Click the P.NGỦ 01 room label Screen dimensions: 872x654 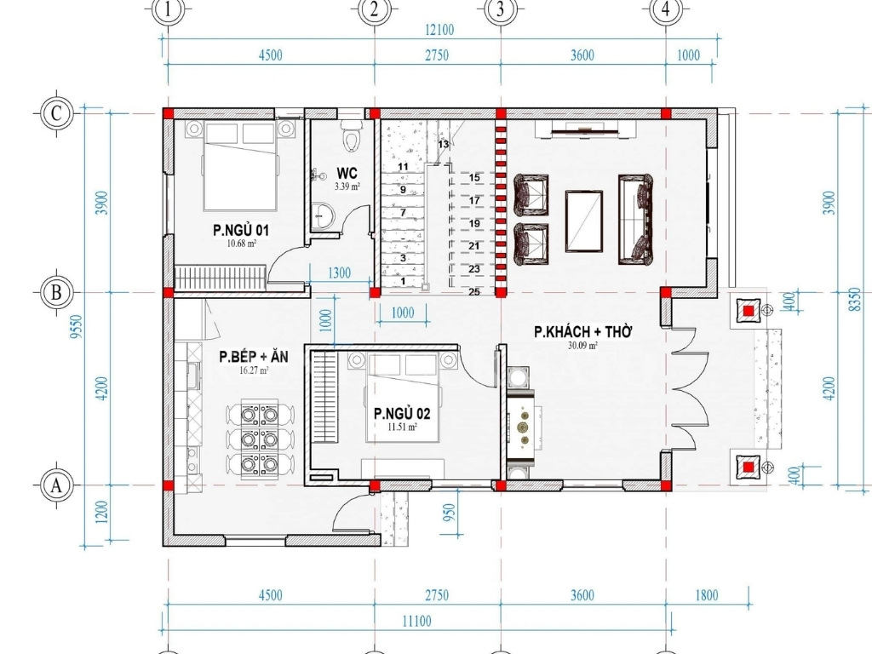(x=241, y=230)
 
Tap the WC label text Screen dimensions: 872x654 (x=347, y=173)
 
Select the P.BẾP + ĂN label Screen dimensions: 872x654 (x=254, y=357)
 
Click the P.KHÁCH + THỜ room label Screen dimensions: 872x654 (x=582, y=332)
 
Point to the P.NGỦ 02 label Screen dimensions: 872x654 (x=402, y=414)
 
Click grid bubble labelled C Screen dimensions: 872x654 (x=56, y=113)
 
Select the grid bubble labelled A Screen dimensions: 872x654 (x=56, y=485)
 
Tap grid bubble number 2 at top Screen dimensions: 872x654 (x=374, y=9)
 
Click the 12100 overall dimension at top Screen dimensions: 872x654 (x=439, y=30)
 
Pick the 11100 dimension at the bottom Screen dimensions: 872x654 (x=416, y=621)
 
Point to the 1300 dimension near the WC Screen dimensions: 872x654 (x=339, y=273)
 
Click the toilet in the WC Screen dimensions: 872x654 (x=351, y=134)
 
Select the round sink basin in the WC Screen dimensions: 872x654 (x=322, y=215)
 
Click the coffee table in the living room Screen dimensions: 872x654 (x=584, y=221)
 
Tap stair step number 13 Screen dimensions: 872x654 (x=443, y=144)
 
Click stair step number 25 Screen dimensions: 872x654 (x=474, y=292)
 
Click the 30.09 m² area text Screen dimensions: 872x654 (x=582, y=346)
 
